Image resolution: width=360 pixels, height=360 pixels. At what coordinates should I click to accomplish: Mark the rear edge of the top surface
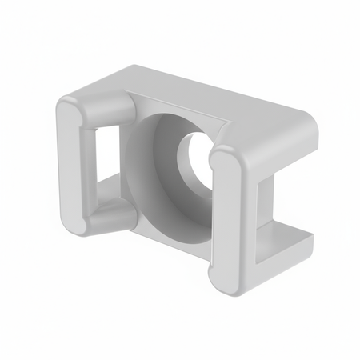(x=240, y=88)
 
